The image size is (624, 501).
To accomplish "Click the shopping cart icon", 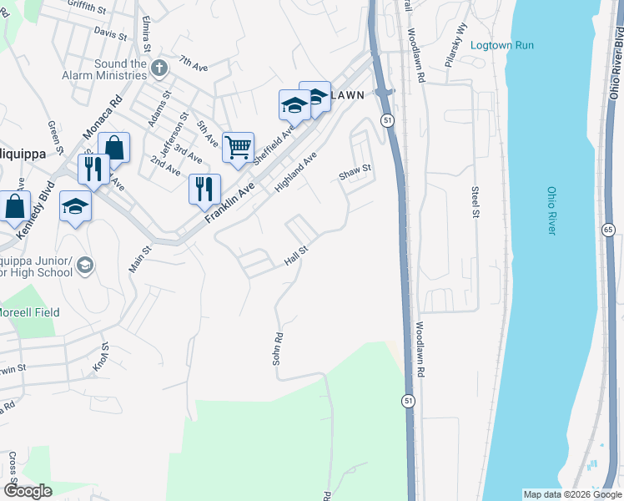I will click(x=239, y=148).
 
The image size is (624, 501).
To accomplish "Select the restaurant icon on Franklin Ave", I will click(x=204, y=190).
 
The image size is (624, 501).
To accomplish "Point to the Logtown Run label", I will click(x=501, y=45).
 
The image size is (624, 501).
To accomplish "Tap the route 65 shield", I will click(x=606, y=229).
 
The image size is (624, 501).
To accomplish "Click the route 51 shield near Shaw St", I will click(x=388, y=121).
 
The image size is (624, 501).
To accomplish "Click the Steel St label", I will click(x=475, y=200).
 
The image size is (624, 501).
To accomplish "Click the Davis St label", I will click(x=110, y=34).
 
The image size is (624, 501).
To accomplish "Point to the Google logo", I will click(x=27, y=491).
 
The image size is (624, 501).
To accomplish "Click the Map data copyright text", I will click(x=571, y=494).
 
